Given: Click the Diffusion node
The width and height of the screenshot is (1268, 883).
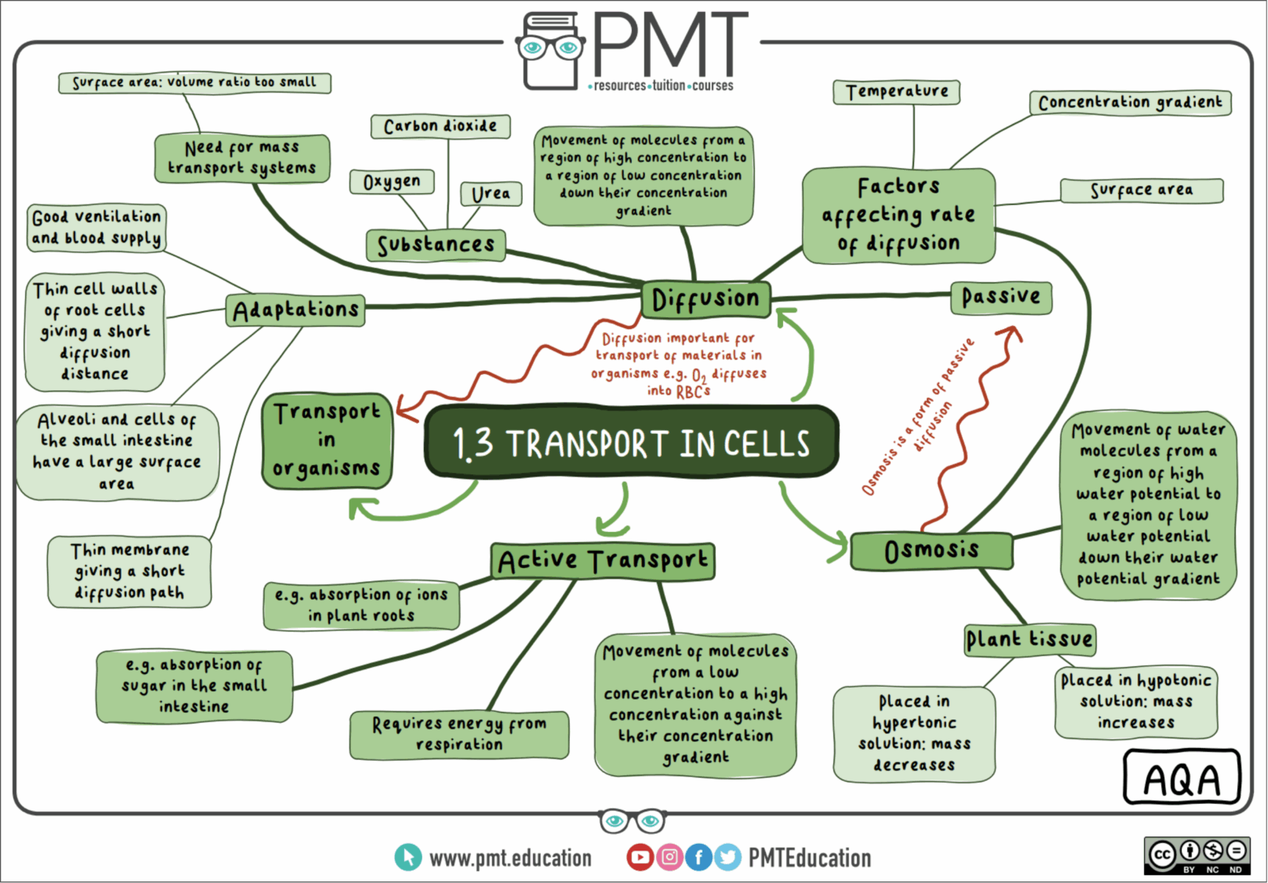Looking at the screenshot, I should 706,299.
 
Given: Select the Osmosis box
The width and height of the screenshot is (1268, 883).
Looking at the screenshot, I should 932,550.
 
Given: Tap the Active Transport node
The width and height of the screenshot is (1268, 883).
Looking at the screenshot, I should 602,561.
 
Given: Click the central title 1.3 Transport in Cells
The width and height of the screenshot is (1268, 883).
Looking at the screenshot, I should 631,443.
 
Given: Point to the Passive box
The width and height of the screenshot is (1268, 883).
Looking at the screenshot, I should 1000,297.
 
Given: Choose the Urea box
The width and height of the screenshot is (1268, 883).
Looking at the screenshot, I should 491,194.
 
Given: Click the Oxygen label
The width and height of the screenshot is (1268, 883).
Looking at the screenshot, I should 391,181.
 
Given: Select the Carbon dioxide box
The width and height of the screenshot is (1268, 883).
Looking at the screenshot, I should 440,126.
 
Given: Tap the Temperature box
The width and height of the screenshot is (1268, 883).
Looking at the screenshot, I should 896,92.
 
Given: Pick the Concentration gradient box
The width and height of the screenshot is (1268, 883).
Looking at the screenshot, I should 1129,103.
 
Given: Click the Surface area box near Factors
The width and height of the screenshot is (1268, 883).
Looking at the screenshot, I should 1141,190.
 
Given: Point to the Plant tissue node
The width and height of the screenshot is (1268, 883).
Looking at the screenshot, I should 1029,640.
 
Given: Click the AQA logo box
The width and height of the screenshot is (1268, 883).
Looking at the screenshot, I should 1182,778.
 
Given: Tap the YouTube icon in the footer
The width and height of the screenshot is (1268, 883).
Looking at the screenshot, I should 640,857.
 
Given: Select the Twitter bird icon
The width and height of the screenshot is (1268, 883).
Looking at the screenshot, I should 728,857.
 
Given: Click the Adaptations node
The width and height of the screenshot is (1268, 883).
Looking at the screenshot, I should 296,310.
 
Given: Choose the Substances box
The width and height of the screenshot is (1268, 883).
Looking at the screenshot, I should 436,245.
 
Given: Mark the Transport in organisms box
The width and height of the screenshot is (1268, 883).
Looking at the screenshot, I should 327,440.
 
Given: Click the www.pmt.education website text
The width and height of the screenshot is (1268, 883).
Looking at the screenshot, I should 510,858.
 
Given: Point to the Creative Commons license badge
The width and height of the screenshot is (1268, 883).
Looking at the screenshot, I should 1196,856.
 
